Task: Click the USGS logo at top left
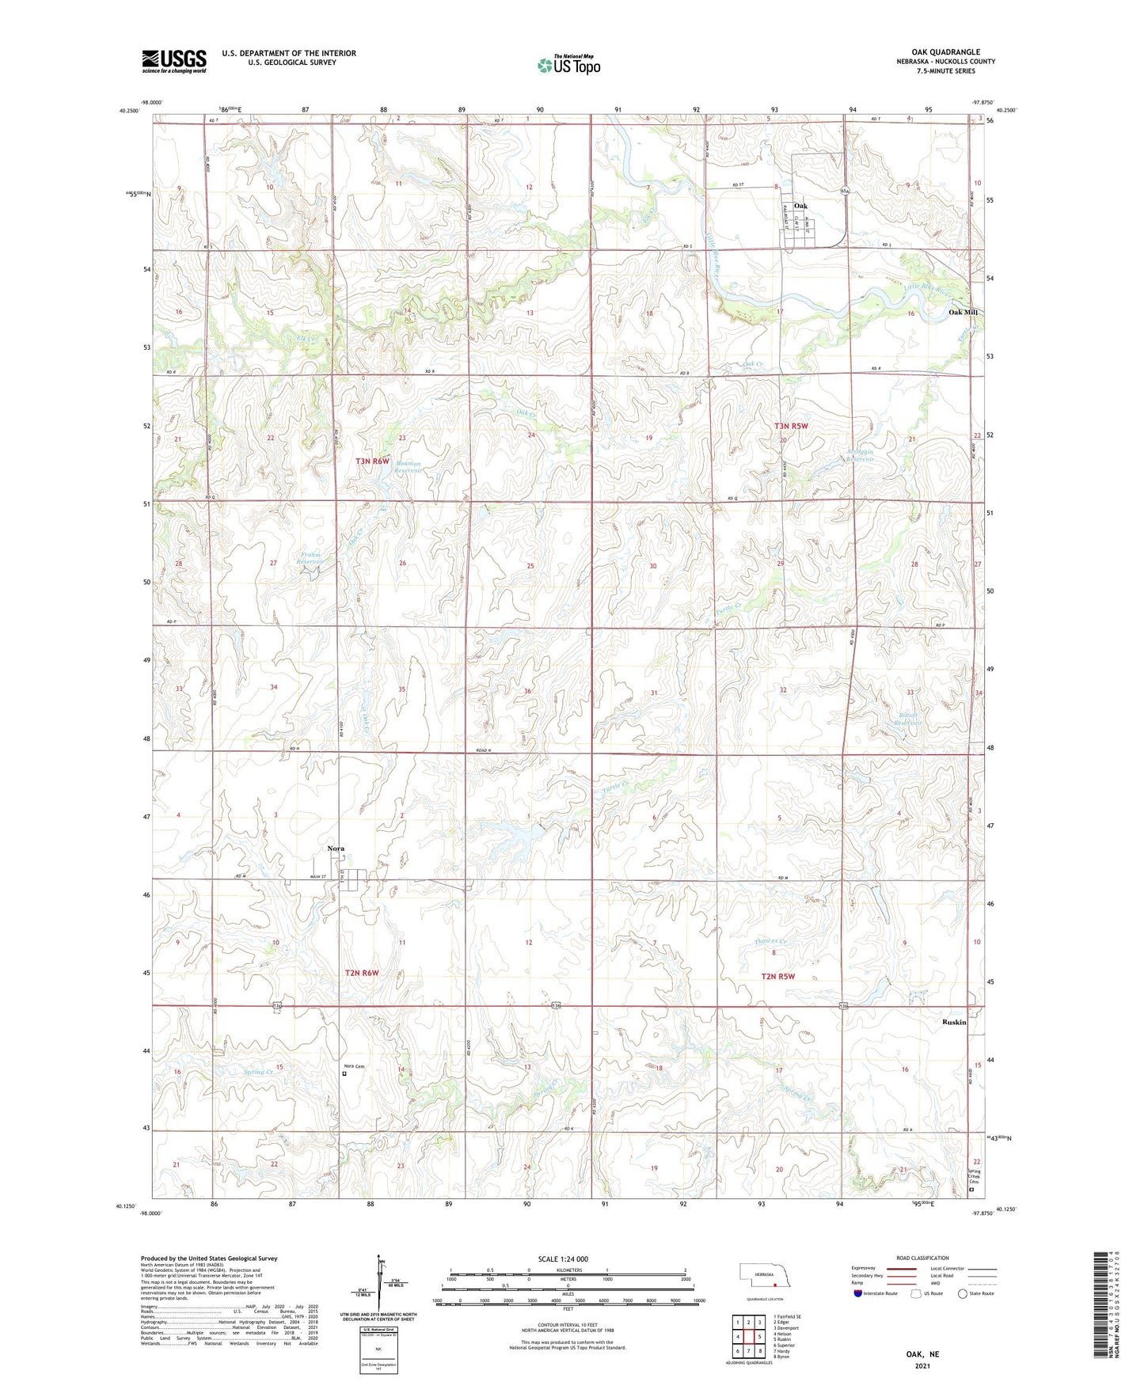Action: [174, 61]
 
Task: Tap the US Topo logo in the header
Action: [568, 65]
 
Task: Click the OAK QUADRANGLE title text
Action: [945, 52]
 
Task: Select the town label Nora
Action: [336, 849]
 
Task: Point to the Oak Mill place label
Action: [963, 313]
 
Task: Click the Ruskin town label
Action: [954, 1022]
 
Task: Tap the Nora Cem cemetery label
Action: [353, 1066]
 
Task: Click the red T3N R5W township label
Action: [791, 427]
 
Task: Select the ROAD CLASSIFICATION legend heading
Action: [922, 1258]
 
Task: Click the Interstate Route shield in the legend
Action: [858, 1293]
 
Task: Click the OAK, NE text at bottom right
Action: [922, 1354]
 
